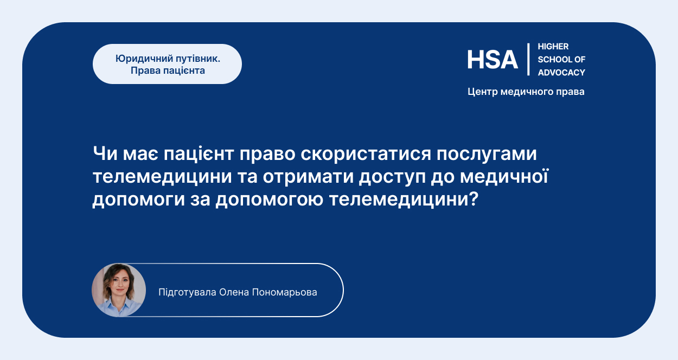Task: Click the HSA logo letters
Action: [x=492, y=60]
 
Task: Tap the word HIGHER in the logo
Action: [x=553, y=47]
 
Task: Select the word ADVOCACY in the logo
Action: [x=561, y=73]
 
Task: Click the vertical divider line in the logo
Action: [x=528, y=59]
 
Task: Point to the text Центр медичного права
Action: [x=526, y=92]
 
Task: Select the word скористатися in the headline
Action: [x=366, y=154]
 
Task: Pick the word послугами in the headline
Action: [x=487, y=154]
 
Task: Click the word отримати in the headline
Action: [x=308, y=177]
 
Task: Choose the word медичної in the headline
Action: [x=504, y=176]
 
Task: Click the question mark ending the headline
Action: [x=474, y=199]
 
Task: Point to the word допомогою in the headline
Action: [x=270, y=200]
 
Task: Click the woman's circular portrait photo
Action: [x=119, y=290]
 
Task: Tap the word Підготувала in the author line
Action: [x=187, y=293]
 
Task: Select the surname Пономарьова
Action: [x=285, y=292]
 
